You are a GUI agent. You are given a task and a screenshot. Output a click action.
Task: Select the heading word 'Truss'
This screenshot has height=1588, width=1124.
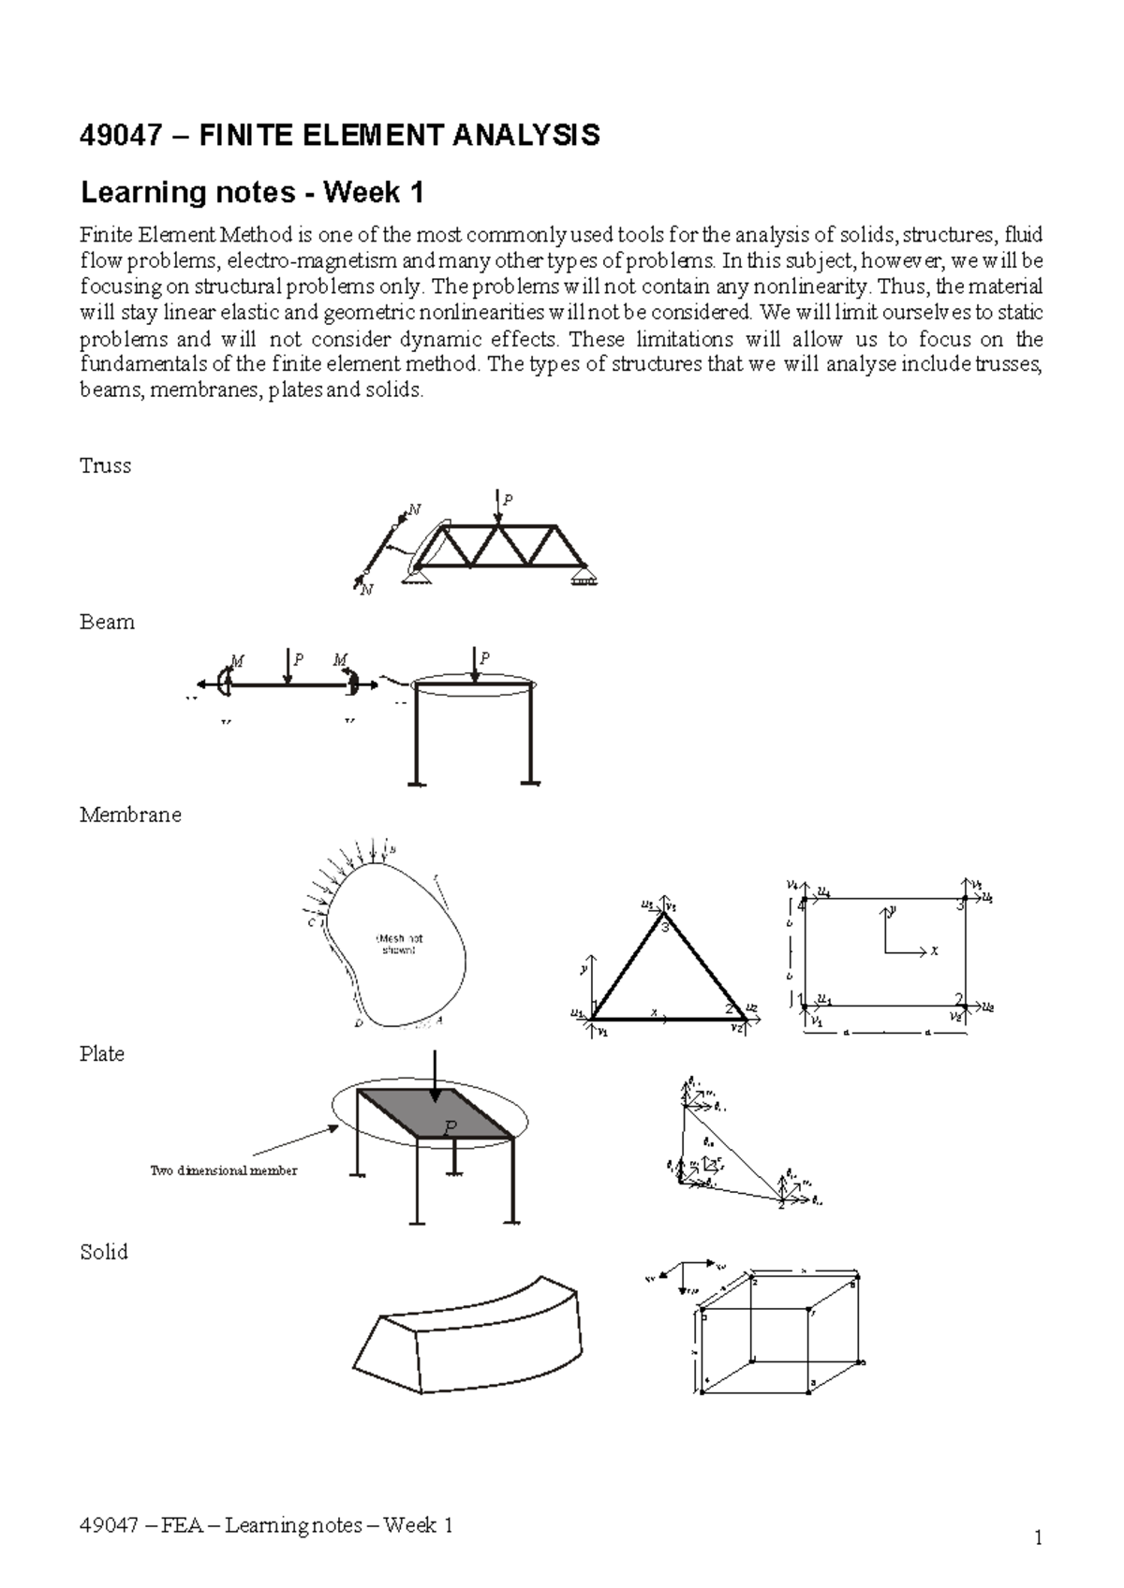tap(105, 466)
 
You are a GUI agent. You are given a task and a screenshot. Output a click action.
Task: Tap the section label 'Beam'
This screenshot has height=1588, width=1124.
tap(107, 623)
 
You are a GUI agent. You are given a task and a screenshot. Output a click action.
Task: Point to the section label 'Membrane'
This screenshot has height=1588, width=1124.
tap(130, 815)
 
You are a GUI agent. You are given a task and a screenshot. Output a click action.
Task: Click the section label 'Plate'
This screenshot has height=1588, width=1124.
tap(102, 1054)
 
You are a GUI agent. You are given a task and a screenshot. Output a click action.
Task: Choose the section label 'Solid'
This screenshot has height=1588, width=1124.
tap(103, 1253)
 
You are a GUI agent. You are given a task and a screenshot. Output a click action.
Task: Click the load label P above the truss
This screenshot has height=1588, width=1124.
tap(509, 500)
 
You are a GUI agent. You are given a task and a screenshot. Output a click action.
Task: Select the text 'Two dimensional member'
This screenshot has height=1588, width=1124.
tap(224, 1170)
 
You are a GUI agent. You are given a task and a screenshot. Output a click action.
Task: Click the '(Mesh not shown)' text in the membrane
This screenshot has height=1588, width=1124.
tap(399, 944)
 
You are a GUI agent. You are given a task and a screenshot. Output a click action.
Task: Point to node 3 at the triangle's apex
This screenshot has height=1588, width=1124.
tap(665, 928)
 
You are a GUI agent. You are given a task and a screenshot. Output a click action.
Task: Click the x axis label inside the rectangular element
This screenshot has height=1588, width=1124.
tap(933, 951)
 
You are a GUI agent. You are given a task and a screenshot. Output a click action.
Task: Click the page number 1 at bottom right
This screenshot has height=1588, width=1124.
tap(1038, 1538)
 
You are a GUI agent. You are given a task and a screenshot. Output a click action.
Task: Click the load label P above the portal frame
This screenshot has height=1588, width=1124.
tap(484, 658)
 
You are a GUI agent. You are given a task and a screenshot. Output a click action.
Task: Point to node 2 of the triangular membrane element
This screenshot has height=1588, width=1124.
tap(729, 1009)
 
